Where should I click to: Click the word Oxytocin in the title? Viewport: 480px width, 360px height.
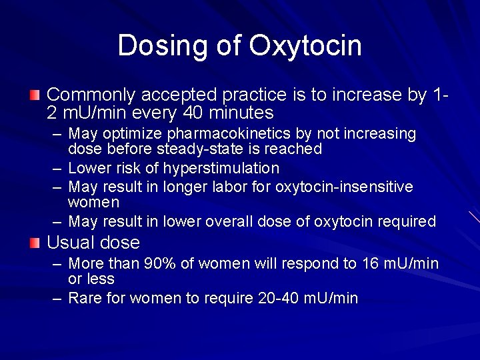tap(305, 47)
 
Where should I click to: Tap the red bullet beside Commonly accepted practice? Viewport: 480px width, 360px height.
tap(35, 95)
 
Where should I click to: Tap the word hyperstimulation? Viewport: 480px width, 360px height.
tap(221, 168)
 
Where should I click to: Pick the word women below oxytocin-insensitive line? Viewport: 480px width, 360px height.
tap(93, 202)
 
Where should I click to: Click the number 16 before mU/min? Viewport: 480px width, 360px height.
tap(371, 264)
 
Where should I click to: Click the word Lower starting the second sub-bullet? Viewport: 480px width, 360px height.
tap(89, 168)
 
